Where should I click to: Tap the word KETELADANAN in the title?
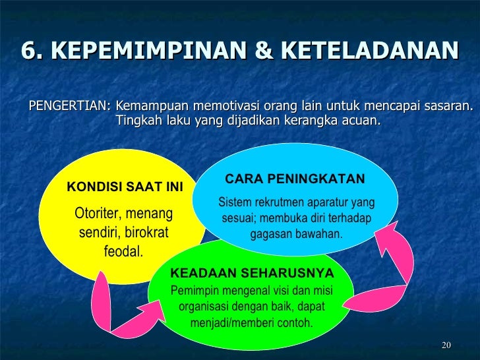pyautogui.click(x=371, y=51)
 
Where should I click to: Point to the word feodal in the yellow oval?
pyautogui.click(x=123, y=251)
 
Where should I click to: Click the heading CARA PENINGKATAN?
pyautogui.click(x=295, y=179)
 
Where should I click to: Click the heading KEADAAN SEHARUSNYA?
pyautogui.click(x=252, y=273)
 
